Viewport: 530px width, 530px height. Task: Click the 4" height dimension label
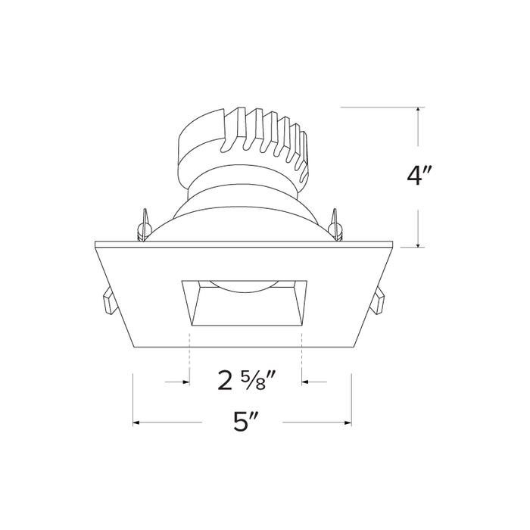coord(419,176)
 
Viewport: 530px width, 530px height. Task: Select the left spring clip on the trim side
coord(108,302)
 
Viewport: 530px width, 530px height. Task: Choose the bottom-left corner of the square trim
coord(134,346)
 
